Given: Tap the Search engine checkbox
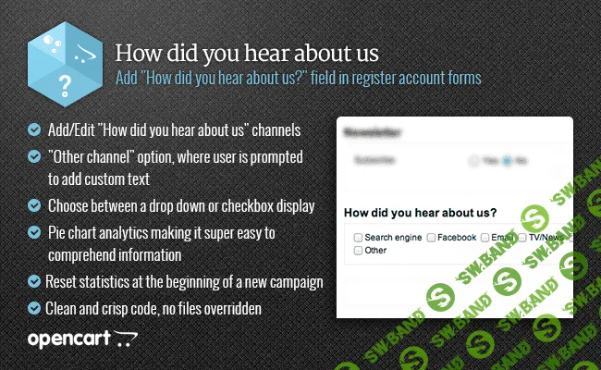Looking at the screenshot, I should (x=358, y=238).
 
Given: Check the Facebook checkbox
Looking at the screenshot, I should (x=431, y=238).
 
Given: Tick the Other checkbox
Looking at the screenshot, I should (x=358, y=251).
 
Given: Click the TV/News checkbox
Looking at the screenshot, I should (x=522, y=238).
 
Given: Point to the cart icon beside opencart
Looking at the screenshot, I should (x=125, y=339).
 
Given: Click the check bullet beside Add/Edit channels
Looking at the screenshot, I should (x=34, y=129).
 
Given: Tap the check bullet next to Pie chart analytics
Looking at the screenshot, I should (x=34, y=230).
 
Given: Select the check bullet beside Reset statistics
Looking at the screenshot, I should (x=34, y=280).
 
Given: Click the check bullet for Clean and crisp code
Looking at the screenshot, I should (x=34, y=307).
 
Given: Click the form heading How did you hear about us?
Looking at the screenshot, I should (x=419, y=212).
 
